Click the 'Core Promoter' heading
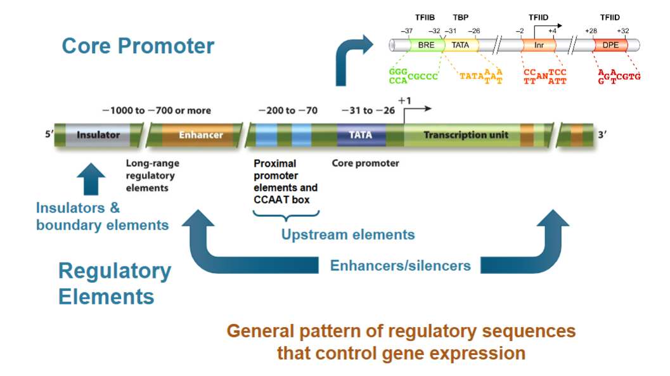(x=138, y=46)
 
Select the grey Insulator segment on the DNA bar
(x=98, y=135)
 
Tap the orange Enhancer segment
(x=200, y=135)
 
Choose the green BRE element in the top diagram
(x=425, y=46)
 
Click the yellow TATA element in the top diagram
(x=460, y=46)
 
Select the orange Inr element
(x=539, y=46)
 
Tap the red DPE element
(x=610, y=46)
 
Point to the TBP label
(x=460, y=17)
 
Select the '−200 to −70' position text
(x=288, y=110)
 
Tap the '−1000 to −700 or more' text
(x=157, y=110)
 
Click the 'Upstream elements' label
(x=348, y=235)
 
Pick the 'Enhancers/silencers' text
(x=400, y=266)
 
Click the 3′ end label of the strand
(x=602, y=135)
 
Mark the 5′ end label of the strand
(x=48, y=135)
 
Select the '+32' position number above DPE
(x=622, y=30)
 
